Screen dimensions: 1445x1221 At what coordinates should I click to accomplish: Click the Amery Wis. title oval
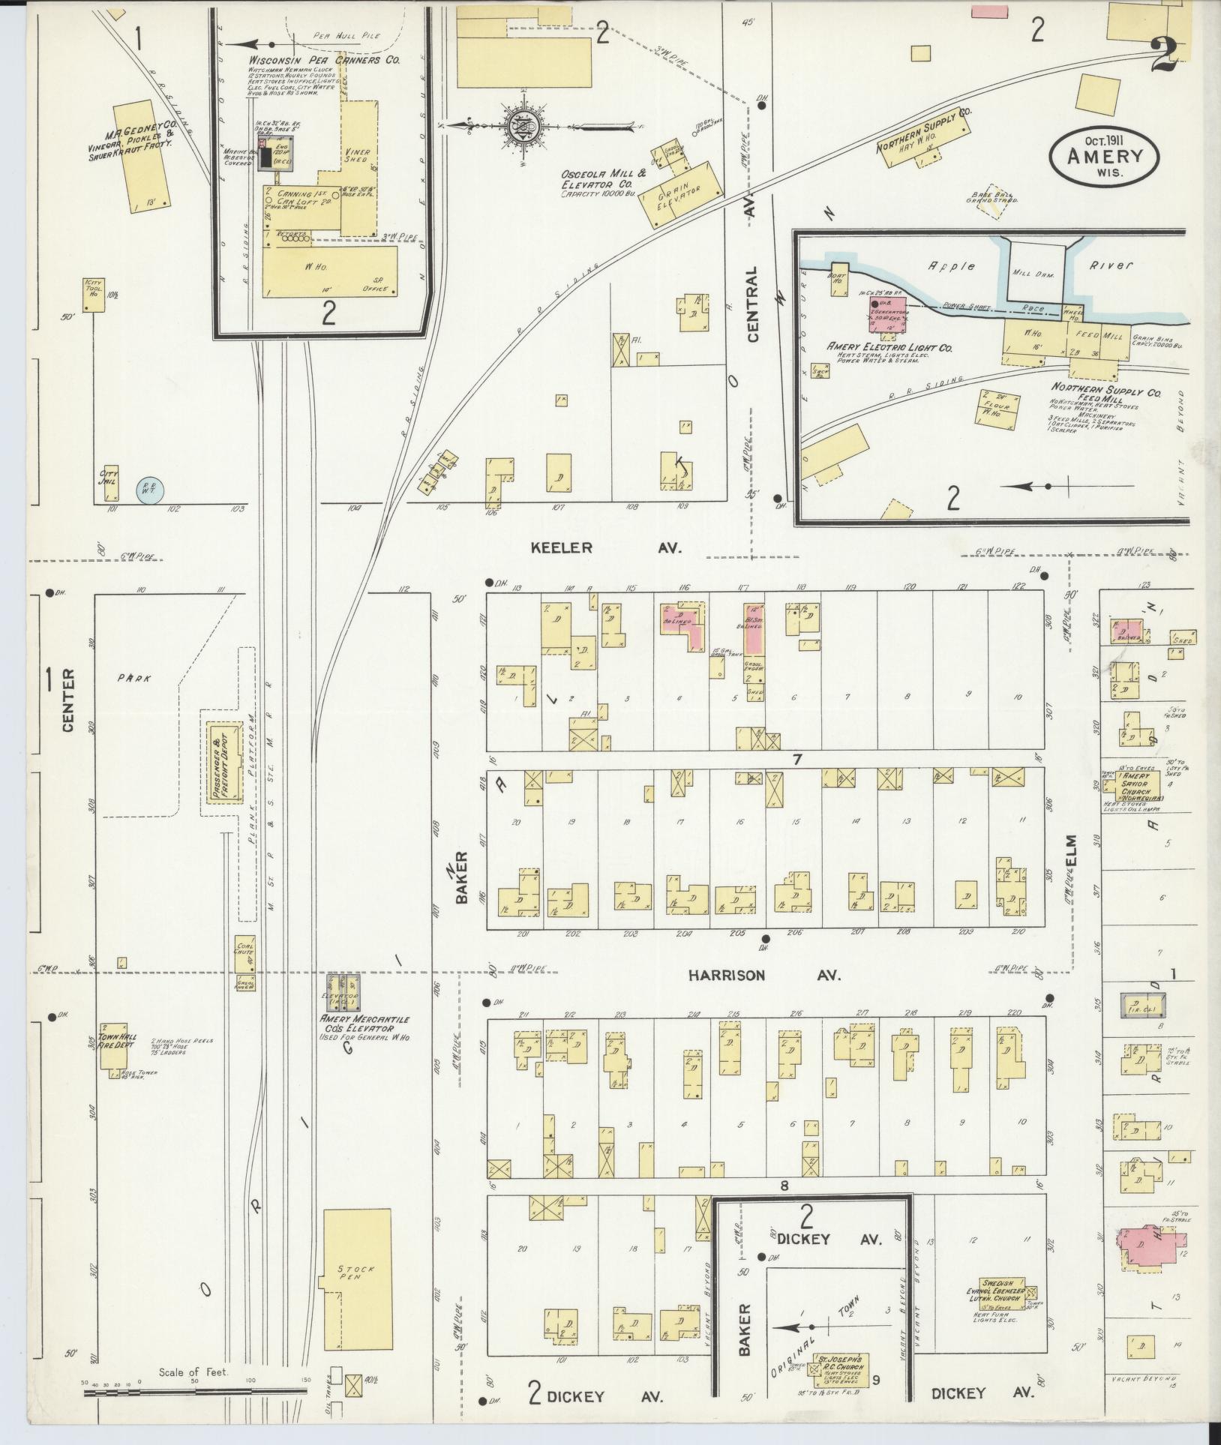(x=1104, y=156)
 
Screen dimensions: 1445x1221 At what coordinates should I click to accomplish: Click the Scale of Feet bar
(x=195, y=1392)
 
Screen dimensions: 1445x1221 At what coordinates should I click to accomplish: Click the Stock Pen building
(x=357, y=1270)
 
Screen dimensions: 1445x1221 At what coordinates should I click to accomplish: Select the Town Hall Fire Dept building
(x=113, y=1046)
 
